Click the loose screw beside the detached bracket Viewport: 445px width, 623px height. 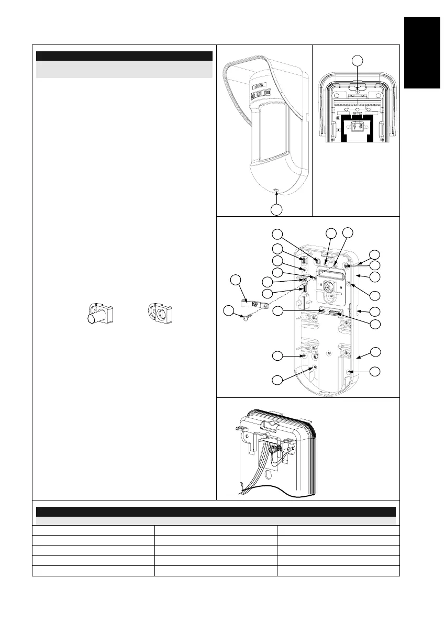coord(246,316)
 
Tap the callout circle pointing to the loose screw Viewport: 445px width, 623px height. coord(228,311)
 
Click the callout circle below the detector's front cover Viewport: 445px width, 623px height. coord(277,209)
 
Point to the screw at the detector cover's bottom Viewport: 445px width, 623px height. coord(277,191)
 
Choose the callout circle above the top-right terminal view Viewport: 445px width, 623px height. coord(357,60)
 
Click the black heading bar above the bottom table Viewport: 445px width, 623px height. coord(215,511)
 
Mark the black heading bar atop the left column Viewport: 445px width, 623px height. coord(125,56)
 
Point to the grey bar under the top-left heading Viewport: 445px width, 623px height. coord(125,70)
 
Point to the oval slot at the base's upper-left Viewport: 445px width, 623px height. coord(302,259)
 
